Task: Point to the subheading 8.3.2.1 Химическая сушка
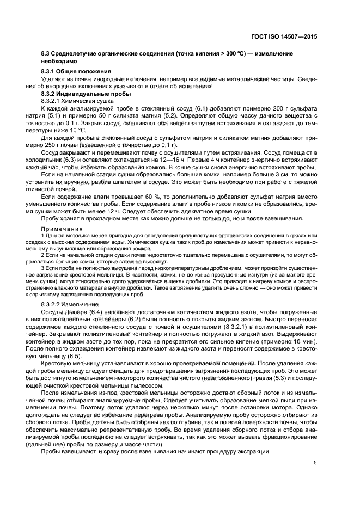[77, 101]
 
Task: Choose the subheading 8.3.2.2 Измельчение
[70, 304]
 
